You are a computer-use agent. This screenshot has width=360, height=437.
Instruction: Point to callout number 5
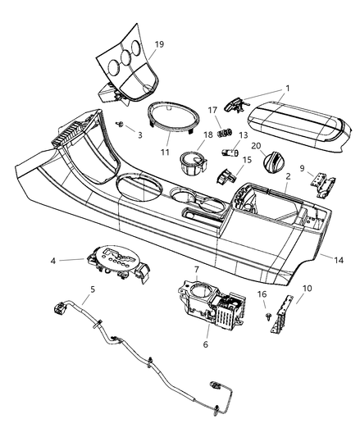pyautogui.click(x=92, y=289)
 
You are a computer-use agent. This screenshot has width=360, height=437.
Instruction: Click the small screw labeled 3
pyautogui.click(x=121, y=124)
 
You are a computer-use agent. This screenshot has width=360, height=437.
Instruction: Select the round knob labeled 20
pyautogui.click(x=268, y=166)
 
